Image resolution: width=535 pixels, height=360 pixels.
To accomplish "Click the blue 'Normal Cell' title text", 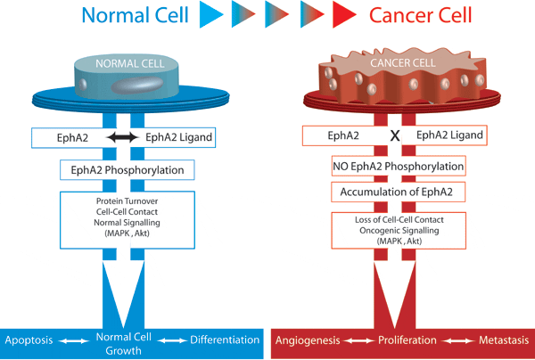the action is (x=136, y=15).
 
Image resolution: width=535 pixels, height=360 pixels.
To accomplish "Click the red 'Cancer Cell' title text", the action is (x=420, y=15).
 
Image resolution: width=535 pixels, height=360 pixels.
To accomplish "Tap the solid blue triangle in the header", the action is (x=211, y=14).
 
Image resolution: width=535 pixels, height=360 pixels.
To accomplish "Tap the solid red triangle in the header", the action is (x=344, y=14).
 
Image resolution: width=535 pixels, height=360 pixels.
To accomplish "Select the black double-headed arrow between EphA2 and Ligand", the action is (x=123, y=137).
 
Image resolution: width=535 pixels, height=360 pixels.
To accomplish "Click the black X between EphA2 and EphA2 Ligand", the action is (x=395, y=136).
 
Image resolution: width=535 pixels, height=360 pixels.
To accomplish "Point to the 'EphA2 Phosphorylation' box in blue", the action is (x=128, y=170).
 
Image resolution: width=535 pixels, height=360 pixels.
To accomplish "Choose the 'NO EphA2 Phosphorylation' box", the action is (x=399, y=167).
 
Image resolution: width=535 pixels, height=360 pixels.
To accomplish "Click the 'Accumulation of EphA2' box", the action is (x=399, y=192).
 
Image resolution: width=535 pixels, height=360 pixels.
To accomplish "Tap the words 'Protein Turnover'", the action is (x=127, y=201).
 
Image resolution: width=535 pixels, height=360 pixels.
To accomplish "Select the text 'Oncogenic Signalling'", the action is (x=399, y=231).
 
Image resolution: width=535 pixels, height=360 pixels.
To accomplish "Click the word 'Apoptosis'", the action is (x=29, y=340).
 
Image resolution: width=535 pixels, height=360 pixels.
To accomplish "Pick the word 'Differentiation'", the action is (x=225, y=340).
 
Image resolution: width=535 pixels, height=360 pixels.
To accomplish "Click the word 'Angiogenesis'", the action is (x=308, y=340).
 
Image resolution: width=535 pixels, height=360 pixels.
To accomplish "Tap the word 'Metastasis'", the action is (x=504, y=340).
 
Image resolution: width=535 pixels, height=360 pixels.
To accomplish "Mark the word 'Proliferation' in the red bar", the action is (x=407, y=340).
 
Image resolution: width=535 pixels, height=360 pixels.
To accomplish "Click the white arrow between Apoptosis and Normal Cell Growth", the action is (x=74, y=340).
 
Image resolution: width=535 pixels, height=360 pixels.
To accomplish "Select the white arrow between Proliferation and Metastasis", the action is (x=457, y=340).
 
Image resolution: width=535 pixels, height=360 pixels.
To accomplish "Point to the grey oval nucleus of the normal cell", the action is (x=137, y=85).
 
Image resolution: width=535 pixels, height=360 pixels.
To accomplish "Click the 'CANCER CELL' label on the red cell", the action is (x=403, y=63).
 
